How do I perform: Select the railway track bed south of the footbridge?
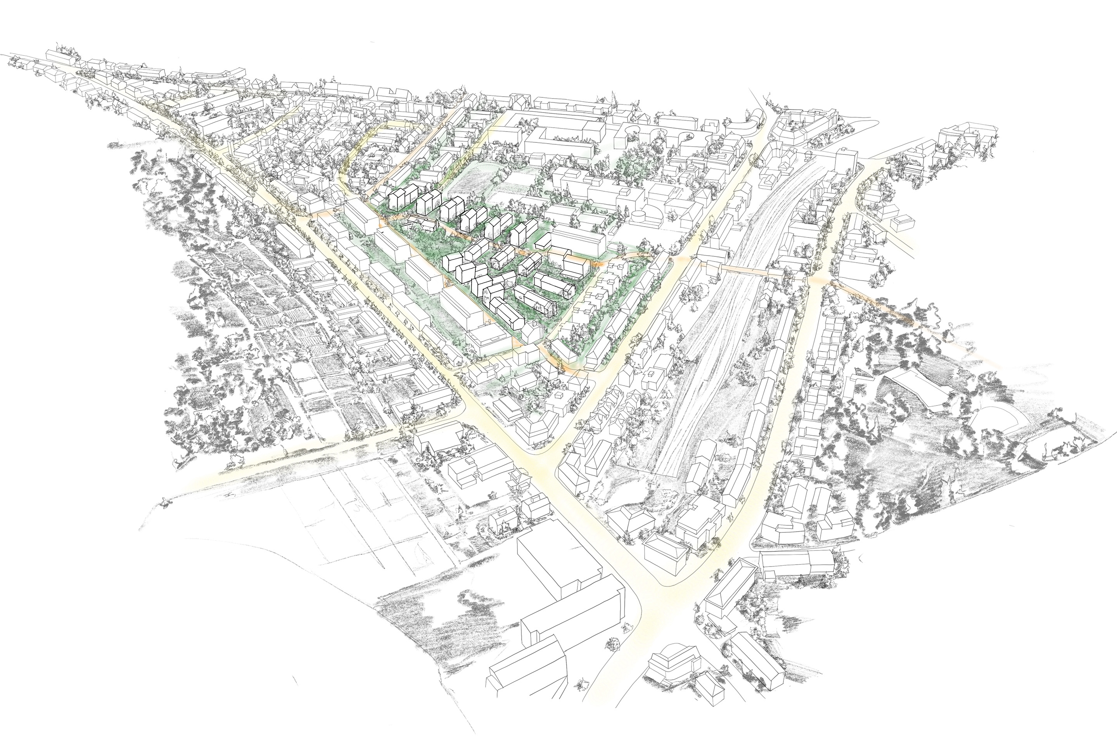coord(712,380)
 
